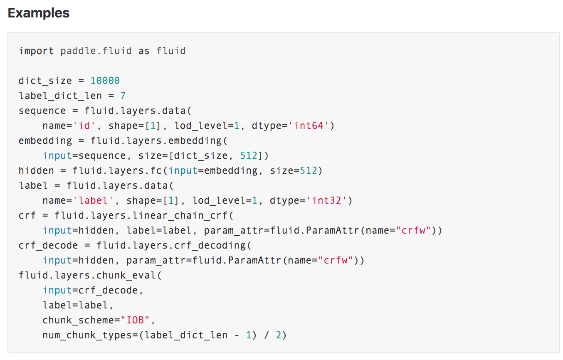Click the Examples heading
(x=39, y=13)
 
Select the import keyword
(x=36, y=51)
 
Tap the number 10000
(x=105, y=81)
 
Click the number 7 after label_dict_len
(x=123, y=96)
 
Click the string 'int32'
(x=326, y=200)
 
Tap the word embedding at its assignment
(x=45, y=141)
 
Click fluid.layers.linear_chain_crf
(x=144, y=215)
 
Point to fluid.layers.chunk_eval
(x=87, y=275)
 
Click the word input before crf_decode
(x=57, y=290)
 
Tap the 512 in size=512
(x=309, y=170)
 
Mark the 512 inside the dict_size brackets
(x=249, y=155)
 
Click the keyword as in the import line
(x=144, y=51)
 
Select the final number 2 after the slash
(x=279, y=335)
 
